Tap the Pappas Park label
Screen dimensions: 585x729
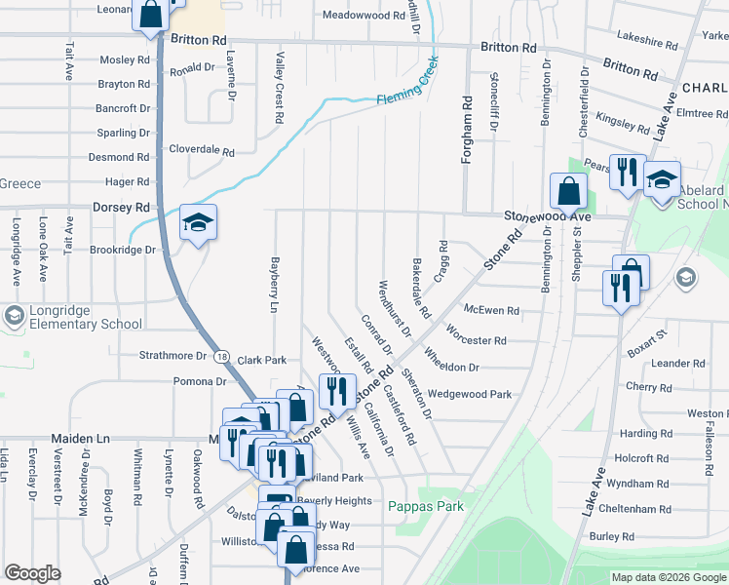(x=426, y=506)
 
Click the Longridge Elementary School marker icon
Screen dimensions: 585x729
(x=14, y=316)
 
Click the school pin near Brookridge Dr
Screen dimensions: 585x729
(x=198, y=224)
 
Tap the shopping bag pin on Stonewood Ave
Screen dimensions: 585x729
(x=568, y=191)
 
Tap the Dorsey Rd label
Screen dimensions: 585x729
(x=121, y=208)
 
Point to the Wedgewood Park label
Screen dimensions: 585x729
(x=470, y=395)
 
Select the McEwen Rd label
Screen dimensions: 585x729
(x=492, y=310)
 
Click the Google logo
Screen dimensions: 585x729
(x=32, y=573)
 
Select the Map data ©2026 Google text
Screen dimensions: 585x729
(x=669, y=577)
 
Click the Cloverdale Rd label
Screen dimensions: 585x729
(x=202, y=153)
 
